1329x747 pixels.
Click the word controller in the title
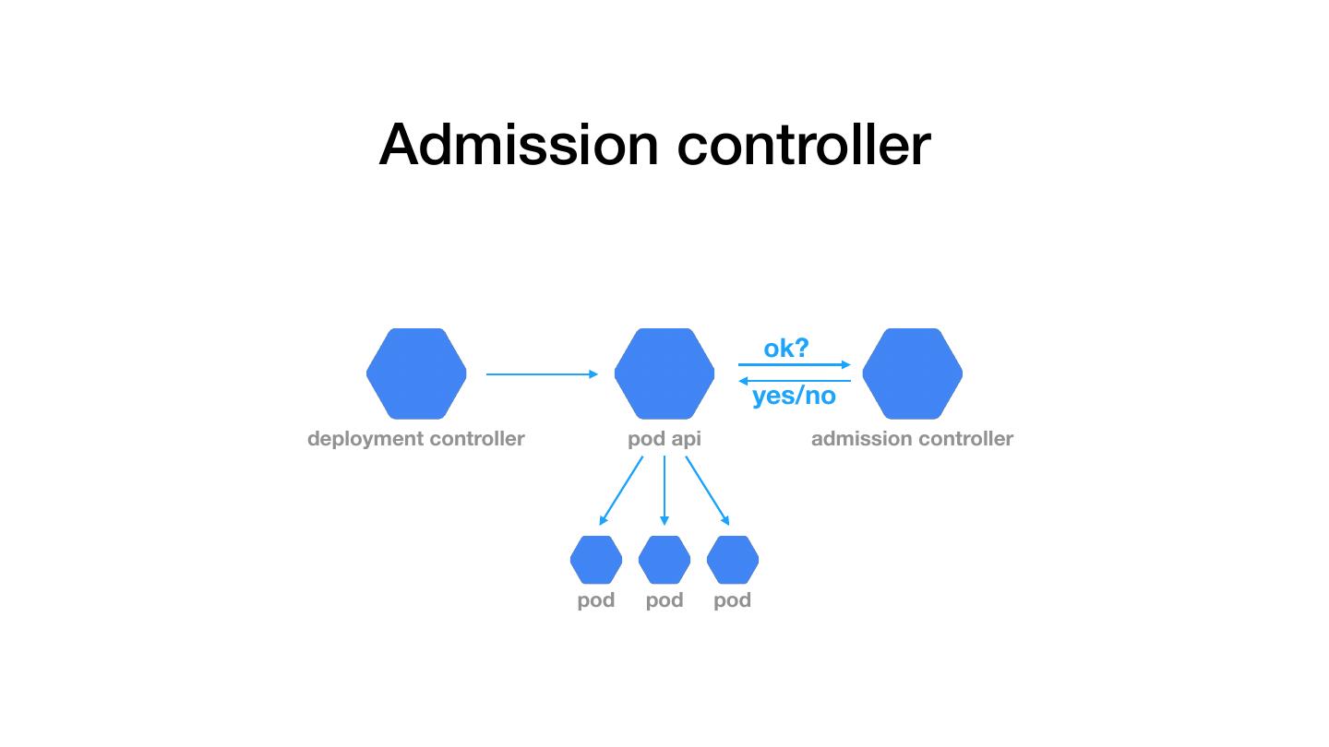804,145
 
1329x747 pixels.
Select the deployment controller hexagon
416,373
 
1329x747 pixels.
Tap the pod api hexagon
664,373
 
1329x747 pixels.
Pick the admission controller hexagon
912,373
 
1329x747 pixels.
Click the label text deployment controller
415,439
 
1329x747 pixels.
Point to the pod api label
664,439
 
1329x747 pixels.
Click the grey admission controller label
912,439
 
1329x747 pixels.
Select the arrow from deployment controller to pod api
542,373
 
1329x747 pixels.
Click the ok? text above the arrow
785,349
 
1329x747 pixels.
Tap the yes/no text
794,397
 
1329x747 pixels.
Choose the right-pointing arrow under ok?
794,365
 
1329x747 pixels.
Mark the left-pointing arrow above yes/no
794,381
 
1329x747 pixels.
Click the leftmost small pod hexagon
596,560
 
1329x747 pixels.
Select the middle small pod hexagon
664,560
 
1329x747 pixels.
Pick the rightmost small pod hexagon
732,560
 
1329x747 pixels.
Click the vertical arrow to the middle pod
664,491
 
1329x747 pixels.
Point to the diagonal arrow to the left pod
621,491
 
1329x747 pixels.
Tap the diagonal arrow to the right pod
707,491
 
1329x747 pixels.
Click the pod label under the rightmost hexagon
732,600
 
